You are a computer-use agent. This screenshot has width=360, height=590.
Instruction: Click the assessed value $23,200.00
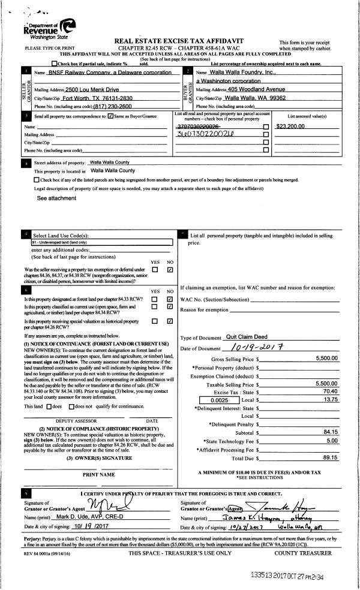[x=291, y=126]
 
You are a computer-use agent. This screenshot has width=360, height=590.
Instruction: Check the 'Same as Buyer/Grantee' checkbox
[x=109, y=116]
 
